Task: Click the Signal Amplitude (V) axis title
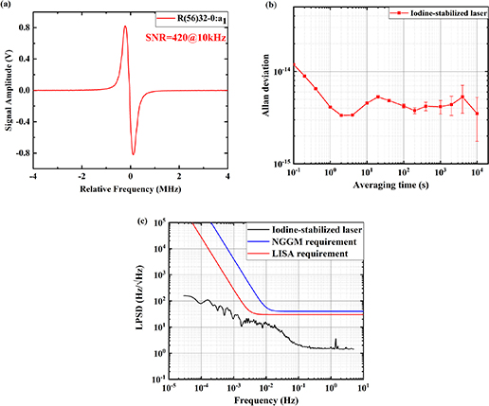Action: tap(9, 90)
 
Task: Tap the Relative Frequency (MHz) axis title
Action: tap(131, 187)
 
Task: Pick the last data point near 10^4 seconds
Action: tap(477, 114)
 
